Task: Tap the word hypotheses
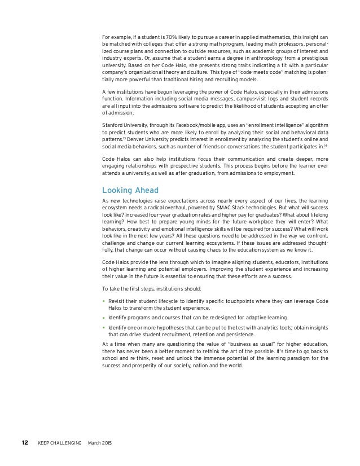pos(167,327)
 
